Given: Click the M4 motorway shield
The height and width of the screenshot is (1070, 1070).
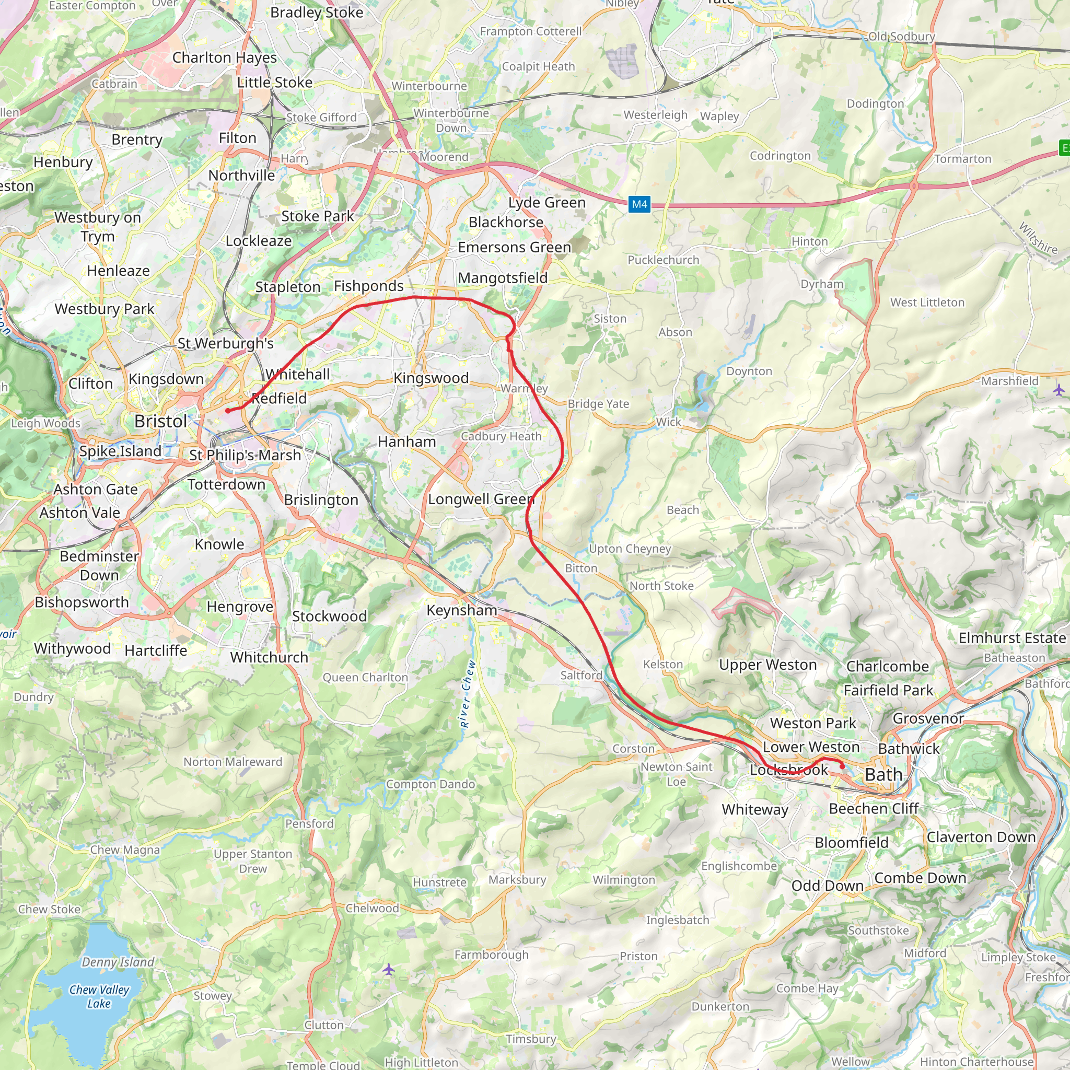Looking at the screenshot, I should (639, 204).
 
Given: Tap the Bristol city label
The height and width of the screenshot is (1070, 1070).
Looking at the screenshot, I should (160, 422).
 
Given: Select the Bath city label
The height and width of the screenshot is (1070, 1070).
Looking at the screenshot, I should (883, 775).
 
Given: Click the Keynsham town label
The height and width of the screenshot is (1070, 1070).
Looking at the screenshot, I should (461, 610).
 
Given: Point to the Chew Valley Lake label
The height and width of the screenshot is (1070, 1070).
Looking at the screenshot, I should (99, 996).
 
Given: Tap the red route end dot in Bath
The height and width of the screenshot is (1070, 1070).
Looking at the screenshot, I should (842, 767).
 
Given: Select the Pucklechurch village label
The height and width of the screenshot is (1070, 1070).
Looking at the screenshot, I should (663, 260).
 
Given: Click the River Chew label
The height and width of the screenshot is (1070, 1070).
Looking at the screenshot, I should (468, 693).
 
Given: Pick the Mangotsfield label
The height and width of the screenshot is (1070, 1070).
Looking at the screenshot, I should (502, 278).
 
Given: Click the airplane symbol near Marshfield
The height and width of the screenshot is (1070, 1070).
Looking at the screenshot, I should (1059, 390).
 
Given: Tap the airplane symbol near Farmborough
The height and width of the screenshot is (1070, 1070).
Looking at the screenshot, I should (389, 969).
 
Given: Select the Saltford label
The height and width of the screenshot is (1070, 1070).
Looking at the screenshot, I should (581, 675).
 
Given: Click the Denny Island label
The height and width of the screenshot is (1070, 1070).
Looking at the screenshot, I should (118, 962).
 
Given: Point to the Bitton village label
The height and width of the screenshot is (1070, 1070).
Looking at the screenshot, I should (581, 568).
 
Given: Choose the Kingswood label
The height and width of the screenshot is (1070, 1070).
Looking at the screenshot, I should (431, 378).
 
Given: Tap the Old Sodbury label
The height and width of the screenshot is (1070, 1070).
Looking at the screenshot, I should (902, 37).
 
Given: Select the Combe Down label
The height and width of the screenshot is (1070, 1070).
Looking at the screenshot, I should (920, 878).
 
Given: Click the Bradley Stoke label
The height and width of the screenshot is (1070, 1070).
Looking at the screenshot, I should (317, 13).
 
